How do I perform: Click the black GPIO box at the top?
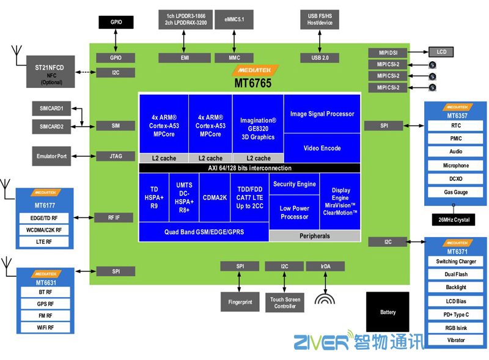pyautogui.click(x=116, y=22)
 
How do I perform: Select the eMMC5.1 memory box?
pyautogui.click(x=234, y=20)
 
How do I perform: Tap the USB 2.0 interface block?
pyautogui.click(x=320, y=58)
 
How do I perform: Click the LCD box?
pyautogui.click(x=441, y=52)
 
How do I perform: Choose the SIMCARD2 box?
pyautogui.click(x=51, y=126)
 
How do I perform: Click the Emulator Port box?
pyautogui.click(x=51, y=156)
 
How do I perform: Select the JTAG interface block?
pyautogui.click(x=116, y=156)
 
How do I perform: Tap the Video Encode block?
pyautogui.click(x=322, y=148)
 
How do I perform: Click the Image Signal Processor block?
pyautogui.click(x=322, y=114)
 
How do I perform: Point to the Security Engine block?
pyautogui.click(x=295, y=184)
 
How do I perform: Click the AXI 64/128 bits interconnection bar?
pyautogui.click(x=250, y=168)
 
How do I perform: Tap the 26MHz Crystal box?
pyautogui.click(x=454, y=219)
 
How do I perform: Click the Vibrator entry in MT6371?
pyautogui.click(x=456, y=340)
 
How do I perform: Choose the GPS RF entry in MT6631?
pyautogui.click(x=46, y=304)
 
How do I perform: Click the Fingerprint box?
pyautogui.click(x=240, y=302)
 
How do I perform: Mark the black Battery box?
pyautogui.click(x=388, y=312)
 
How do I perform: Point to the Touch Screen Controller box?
pyautogui.click(x=285, y=303)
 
